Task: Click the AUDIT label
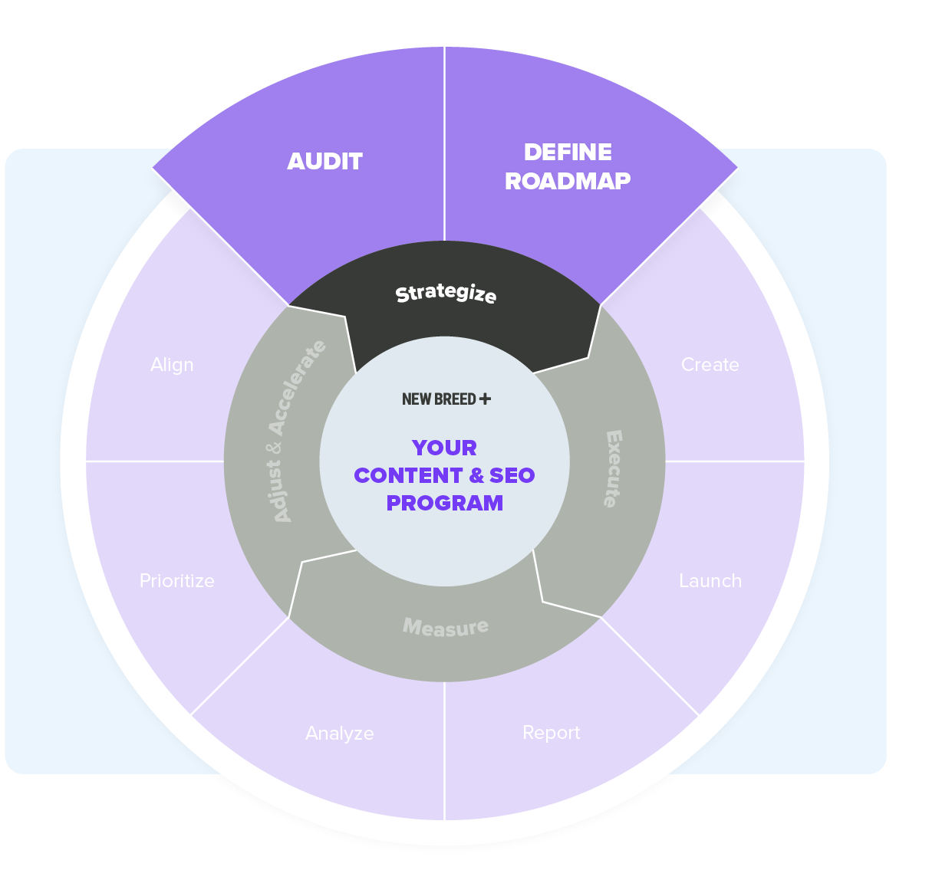pos(324,162)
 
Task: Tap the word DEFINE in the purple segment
pos(568,153)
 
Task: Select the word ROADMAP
pos(568,181)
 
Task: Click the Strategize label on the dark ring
pos(446,293)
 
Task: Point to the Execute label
pos(613,468)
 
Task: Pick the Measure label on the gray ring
pos(446,627)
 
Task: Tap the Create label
pos(710,365)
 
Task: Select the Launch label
pos(710,581)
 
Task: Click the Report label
pos(551,733)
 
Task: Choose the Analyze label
pos(340,734)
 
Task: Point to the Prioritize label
pos(177,581)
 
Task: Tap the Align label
pos(172,365)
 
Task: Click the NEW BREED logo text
pos(439,399)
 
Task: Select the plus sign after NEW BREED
pos(485,399)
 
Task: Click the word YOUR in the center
pos(444,448)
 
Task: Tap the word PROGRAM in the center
pos(445,503)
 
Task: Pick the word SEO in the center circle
pos(512,475)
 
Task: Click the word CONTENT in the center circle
pos(408,475)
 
